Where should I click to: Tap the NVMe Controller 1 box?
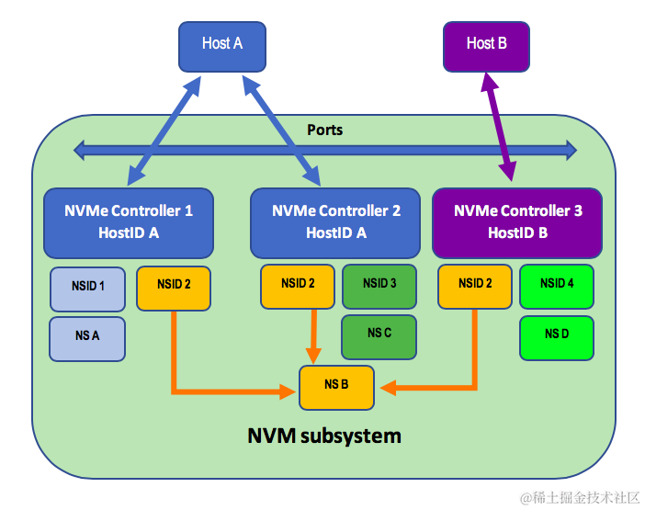(x=129, y=222)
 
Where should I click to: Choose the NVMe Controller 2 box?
(x=335, y=222)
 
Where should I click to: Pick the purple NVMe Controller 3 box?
(x=517, y=222)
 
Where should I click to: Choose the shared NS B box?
(x=337, y=387)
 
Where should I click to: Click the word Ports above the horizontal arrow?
(x=324, y=130)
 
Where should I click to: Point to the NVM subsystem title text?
(x=324, y=436)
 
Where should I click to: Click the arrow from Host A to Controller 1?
(x=166, y=128)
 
